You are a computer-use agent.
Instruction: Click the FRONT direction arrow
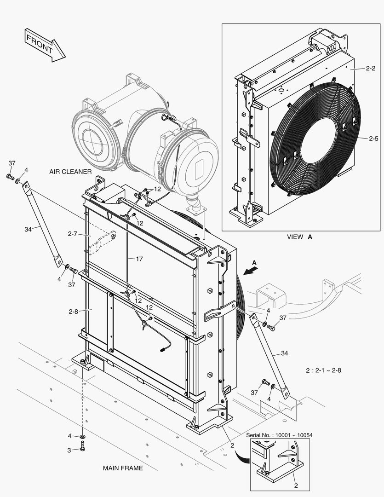(x=45, y=45)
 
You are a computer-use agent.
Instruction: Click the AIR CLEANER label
(x=70, y=172)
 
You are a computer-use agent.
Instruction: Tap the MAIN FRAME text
(x=123, y=468)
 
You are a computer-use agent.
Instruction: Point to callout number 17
(x=139, y=259)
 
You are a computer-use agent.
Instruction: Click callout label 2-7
(x=73, y=234)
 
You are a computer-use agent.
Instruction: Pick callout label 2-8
(x=73, y=311)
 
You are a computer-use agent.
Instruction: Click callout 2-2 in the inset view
(x=371, y=68)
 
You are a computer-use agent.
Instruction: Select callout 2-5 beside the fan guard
(x=373, y=138)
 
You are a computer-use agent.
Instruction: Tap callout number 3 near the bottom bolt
(x=69, y=450)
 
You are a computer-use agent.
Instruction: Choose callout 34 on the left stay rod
(x=29, y=229)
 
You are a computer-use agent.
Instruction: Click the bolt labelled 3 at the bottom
(x=82, y=446)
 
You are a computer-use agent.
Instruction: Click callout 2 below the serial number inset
(x=296, y=485)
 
